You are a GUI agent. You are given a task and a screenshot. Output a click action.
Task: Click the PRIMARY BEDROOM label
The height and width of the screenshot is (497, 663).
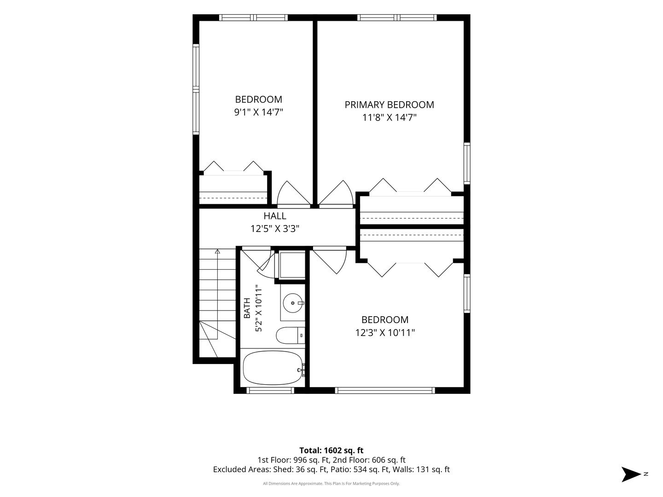point(390,105)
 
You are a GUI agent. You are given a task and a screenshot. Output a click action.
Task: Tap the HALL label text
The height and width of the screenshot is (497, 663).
point(275,216)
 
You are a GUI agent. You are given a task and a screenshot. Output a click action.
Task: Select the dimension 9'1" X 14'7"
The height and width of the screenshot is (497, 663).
point(259,112)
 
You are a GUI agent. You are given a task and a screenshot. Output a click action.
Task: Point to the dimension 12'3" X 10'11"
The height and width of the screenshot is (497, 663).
point(385,333)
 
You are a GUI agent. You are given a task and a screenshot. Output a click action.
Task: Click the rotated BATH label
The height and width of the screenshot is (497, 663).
point(247,308)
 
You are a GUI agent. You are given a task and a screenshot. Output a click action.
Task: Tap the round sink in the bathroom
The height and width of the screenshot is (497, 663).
point(293,303)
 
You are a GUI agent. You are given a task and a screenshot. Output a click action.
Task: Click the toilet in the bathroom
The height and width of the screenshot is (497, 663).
point(291,335)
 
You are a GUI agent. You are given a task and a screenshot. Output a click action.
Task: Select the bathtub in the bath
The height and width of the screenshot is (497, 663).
point(273,368)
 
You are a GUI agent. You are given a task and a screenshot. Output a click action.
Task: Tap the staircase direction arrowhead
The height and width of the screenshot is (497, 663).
point(217,251)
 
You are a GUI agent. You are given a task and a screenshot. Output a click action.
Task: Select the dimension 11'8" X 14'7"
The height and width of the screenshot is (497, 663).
point(390,117)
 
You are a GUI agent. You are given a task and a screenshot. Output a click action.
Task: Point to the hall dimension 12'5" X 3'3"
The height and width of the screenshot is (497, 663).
point(275,229)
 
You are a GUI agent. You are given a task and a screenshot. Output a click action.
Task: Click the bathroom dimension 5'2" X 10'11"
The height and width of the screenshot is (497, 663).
point(259,308)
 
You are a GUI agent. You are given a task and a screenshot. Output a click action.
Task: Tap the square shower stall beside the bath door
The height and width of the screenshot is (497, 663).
point(292,265)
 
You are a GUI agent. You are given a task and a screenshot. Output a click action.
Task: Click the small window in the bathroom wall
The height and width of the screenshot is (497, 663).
point(270,391)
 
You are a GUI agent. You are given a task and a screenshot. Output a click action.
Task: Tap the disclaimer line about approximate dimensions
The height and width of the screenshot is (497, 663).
point(331,483)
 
